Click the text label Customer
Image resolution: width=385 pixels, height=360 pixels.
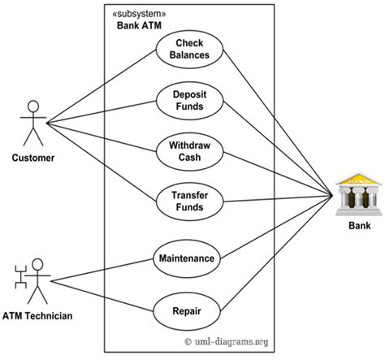tap(32, 158)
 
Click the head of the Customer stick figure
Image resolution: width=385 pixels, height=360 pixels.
tap(32, 105)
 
